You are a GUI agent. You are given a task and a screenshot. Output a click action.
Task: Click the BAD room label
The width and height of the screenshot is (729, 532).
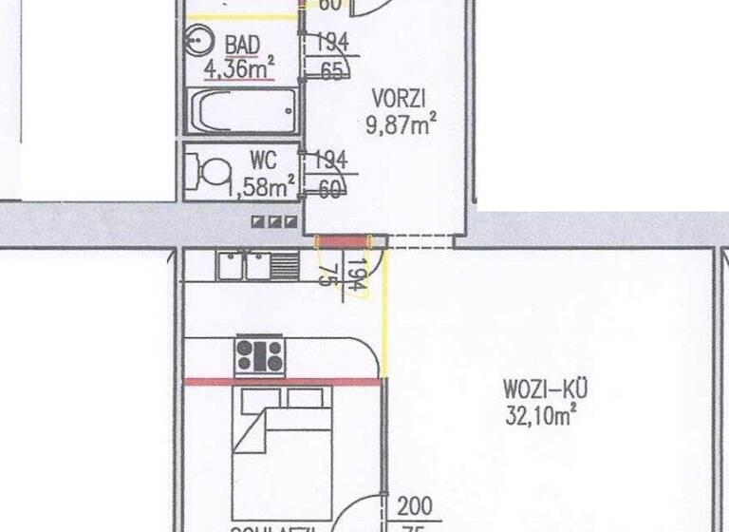pos(243,45)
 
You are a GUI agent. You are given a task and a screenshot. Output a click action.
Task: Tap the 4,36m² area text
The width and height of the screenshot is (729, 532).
pos(238,67)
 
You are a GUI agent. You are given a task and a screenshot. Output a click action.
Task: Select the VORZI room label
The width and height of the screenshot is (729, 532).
pos(399,97)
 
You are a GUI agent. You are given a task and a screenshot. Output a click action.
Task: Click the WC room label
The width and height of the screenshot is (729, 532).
pos(263,159)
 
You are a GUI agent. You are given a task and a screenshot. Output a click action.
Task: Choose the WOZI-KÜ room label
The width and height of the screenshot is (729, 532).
pos(547,389)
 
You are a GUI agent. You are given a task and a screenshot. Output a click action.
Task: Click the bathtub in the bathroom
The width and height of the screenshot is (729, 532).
pos(242,112)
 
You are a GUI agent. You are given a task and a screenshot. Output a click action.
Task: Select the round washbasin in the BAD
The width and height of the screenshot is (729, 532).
pos(198,40)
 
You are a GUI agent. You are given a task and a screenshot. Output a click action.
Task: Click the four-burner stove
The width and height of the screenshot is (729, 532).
pos(259,356)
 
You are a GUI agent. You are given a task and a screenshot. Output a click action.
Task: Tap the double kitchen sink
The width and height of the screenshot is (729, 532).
pos(245,265)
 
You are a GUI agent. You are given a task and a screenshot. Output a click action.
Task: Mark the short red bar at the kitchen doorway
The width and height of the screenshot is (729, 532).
pos(341,241)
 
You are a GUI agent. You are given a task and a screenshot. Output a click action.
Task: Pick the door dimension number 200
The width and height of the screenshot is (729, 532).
pos(415,505)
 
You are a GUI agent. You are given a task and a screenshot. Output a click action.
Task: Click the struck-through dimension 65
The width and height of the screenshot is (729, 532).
pos(332,70)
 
